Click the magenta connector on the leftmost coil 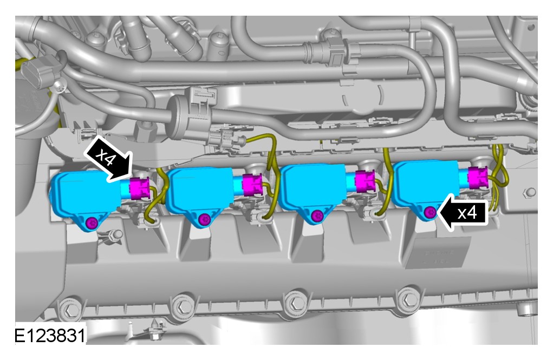coord(140,188)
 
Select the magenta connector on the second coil coord(252,185)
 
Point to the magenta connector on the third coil coord(365,181)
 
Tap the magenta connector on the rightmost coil coord(478,178)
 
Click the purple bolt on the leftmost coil coord(92,223)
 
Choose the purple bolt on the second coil coord(205,219)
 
